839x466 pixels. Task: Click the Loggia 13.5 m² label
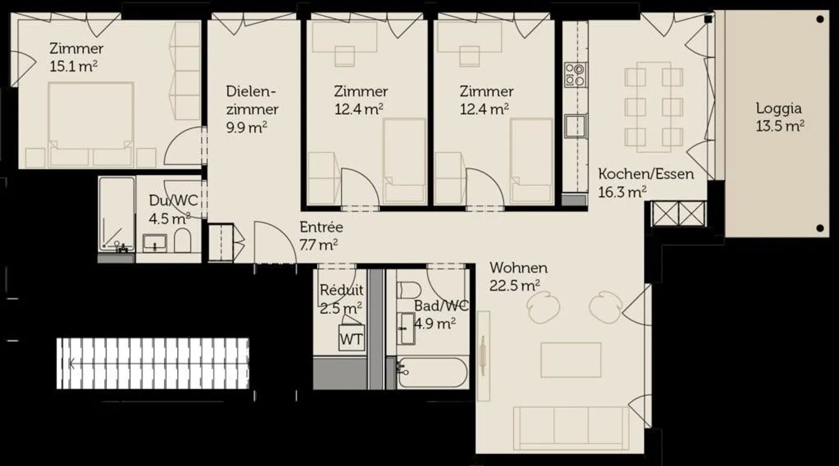[x=780, y=117]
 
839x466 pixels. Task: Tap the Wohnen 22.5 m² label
[x=518, y=276]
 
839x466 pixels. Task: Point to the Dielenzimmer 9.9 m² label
[x=252, y=109]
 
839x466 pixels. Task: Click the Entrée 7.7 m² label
[x=320, y=236]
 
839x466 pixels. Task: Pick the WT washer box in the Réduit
[x=351, y=339]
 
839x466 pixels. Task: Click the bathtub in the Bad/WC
[x=432, y=372]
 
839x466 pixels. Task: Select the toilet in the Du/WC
[x=182, y=240]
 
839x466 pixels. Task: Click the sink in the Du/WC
[x=155, y=242]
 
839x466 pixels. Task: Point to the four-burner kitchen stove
[x=574, y=75]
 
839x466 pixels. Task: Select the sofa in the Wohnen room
[x=571, y=428]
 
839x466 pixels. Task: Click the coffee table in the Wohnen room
[x=571, y=360]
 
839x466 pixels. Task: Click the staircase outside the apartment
[x=153, y=363]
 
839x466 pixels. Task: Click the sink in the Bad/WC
[x=406, y=328]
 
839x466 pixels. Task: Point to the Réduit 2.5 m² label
[x=341, y=298]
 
